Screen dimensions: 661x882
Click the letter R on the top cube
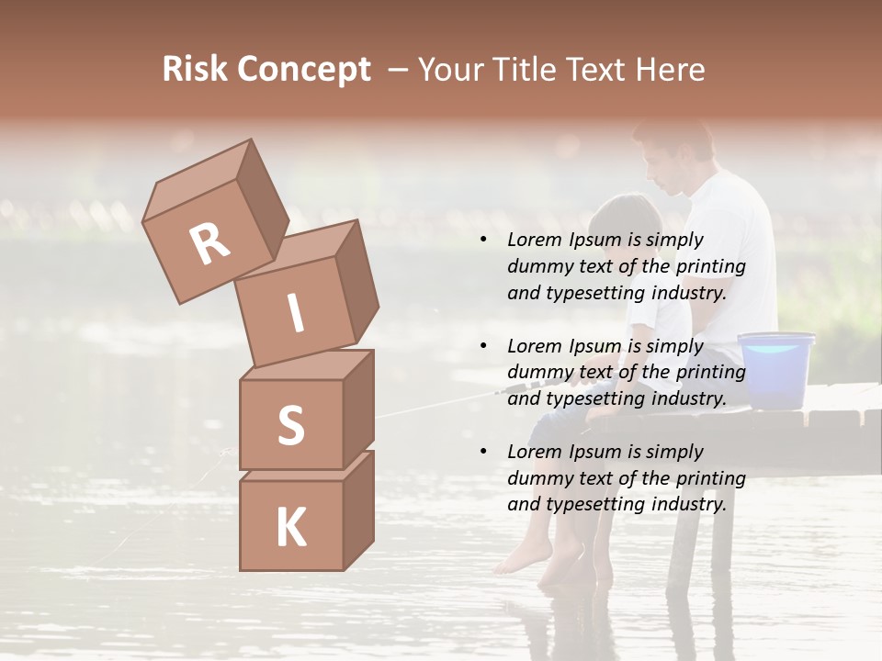click(209, 244)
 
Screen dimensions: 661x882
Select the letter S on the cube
click(290, 425)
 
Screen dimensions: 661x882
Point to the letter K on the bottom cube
click(290, 528)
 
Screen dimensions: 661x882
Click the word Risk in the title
click(194, 69)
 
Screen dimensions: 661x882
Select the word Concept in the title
click(305, 70)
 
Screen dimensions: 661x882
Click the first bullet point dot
click(483, 241)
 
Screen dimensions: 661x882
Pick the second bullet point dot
click(483, 346)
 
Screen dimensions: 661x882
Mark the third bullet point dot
click(483, 452)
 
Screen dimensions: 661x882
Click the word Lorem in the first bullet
click(534, 240)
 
